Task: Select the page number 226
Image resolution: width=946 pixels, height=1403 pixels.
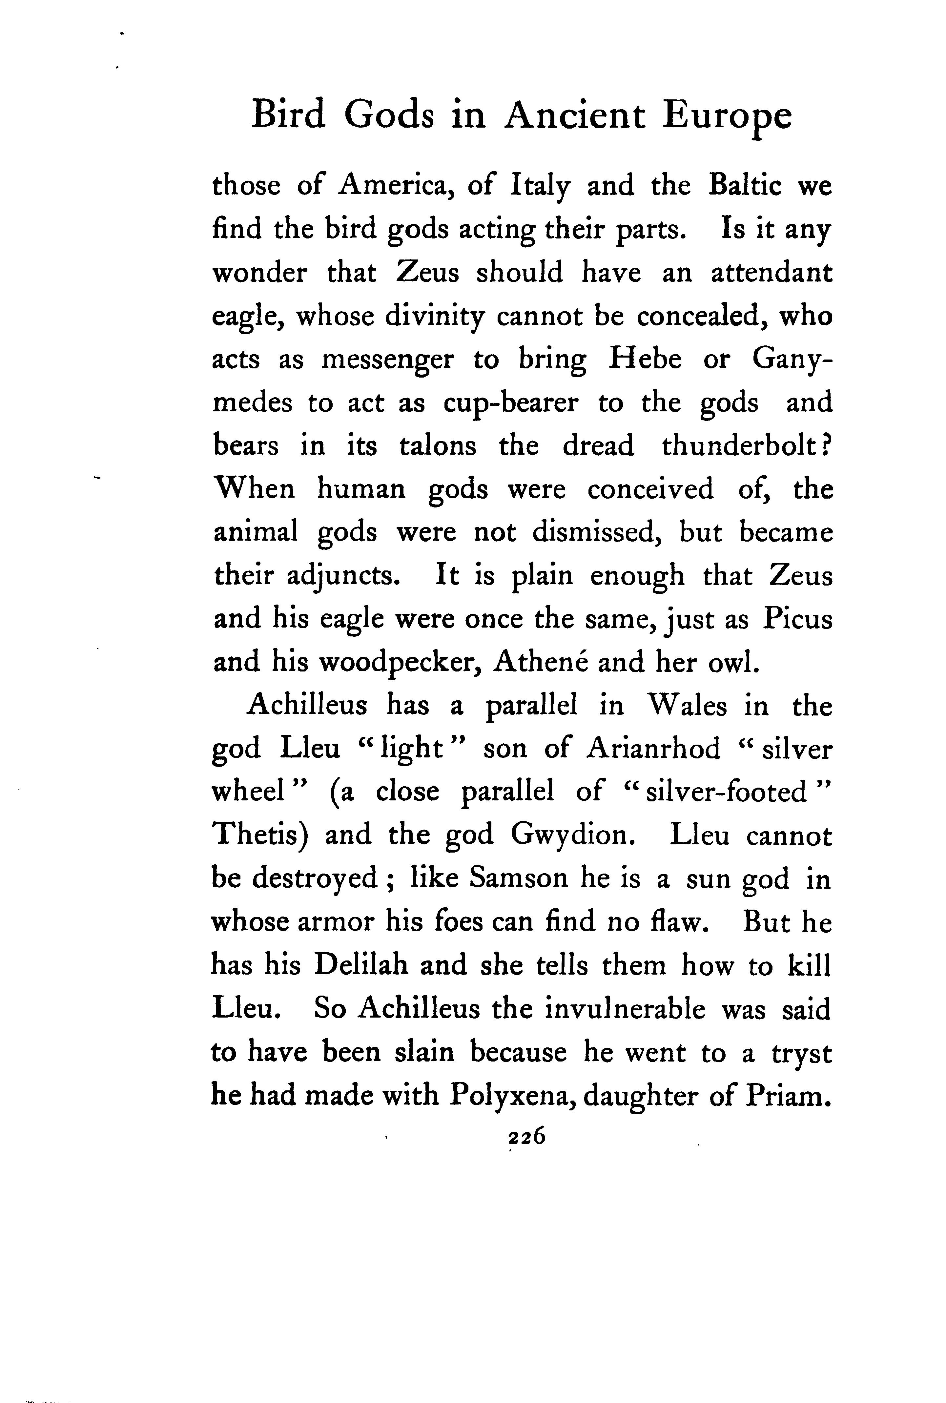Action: (527, 1136)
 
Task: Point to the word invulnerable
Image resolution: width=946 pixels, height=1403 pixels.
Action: (625, 1008)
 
